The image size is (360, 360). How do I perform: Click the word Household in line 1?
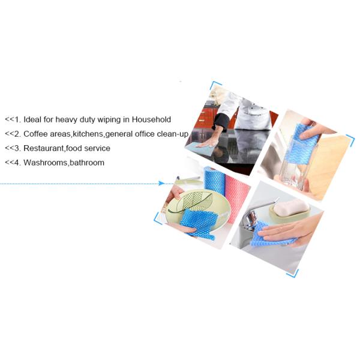click(151, 119)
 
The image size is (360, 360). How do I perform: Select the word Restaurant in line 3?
click(44, 148)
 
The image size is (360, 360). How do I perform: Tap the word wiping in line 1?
click(109, 120)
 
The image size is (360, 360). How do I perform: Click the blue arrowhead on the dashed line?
click(161, 183)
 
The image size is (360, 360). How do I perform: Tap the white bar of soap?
click(292, 207)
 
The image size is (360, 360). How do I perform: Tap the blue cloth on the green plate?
click(199, 223)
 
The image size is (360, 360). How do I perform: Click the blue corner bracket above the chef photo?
click(215, 85)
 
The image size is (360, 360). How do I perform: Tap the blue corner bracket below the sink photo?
click(293, 274)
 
